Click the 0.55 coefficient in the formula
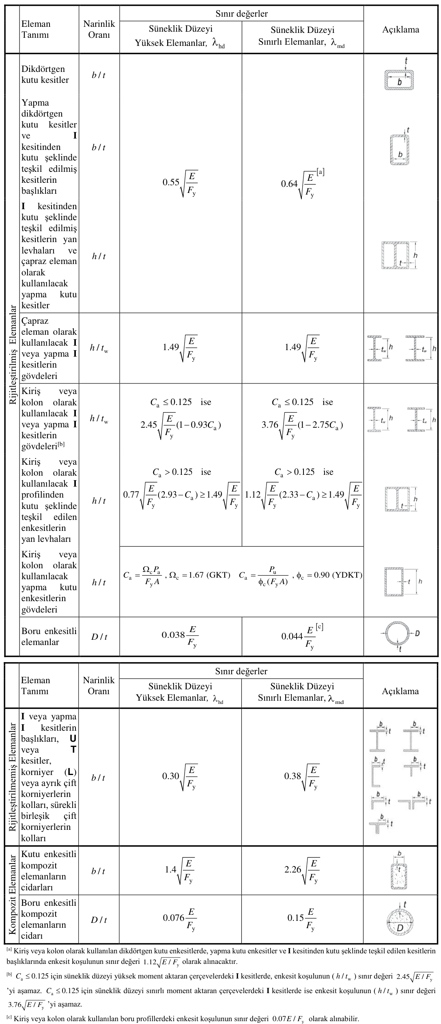tap(171, 183)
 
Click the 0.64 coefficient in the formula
tap(289, 184)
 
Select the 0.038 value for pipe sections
tap(173, 634)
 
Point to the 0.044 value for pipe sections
tap(292, 636)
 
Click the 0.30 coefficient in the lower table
tap(171, 776)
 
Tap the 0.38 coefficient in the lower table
tap(293, 776)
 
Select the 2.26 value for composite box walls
tap(293, 870)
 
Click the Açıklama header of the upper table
tap(400, 29)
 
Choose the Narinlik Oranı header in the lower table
tap(99, 685)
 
